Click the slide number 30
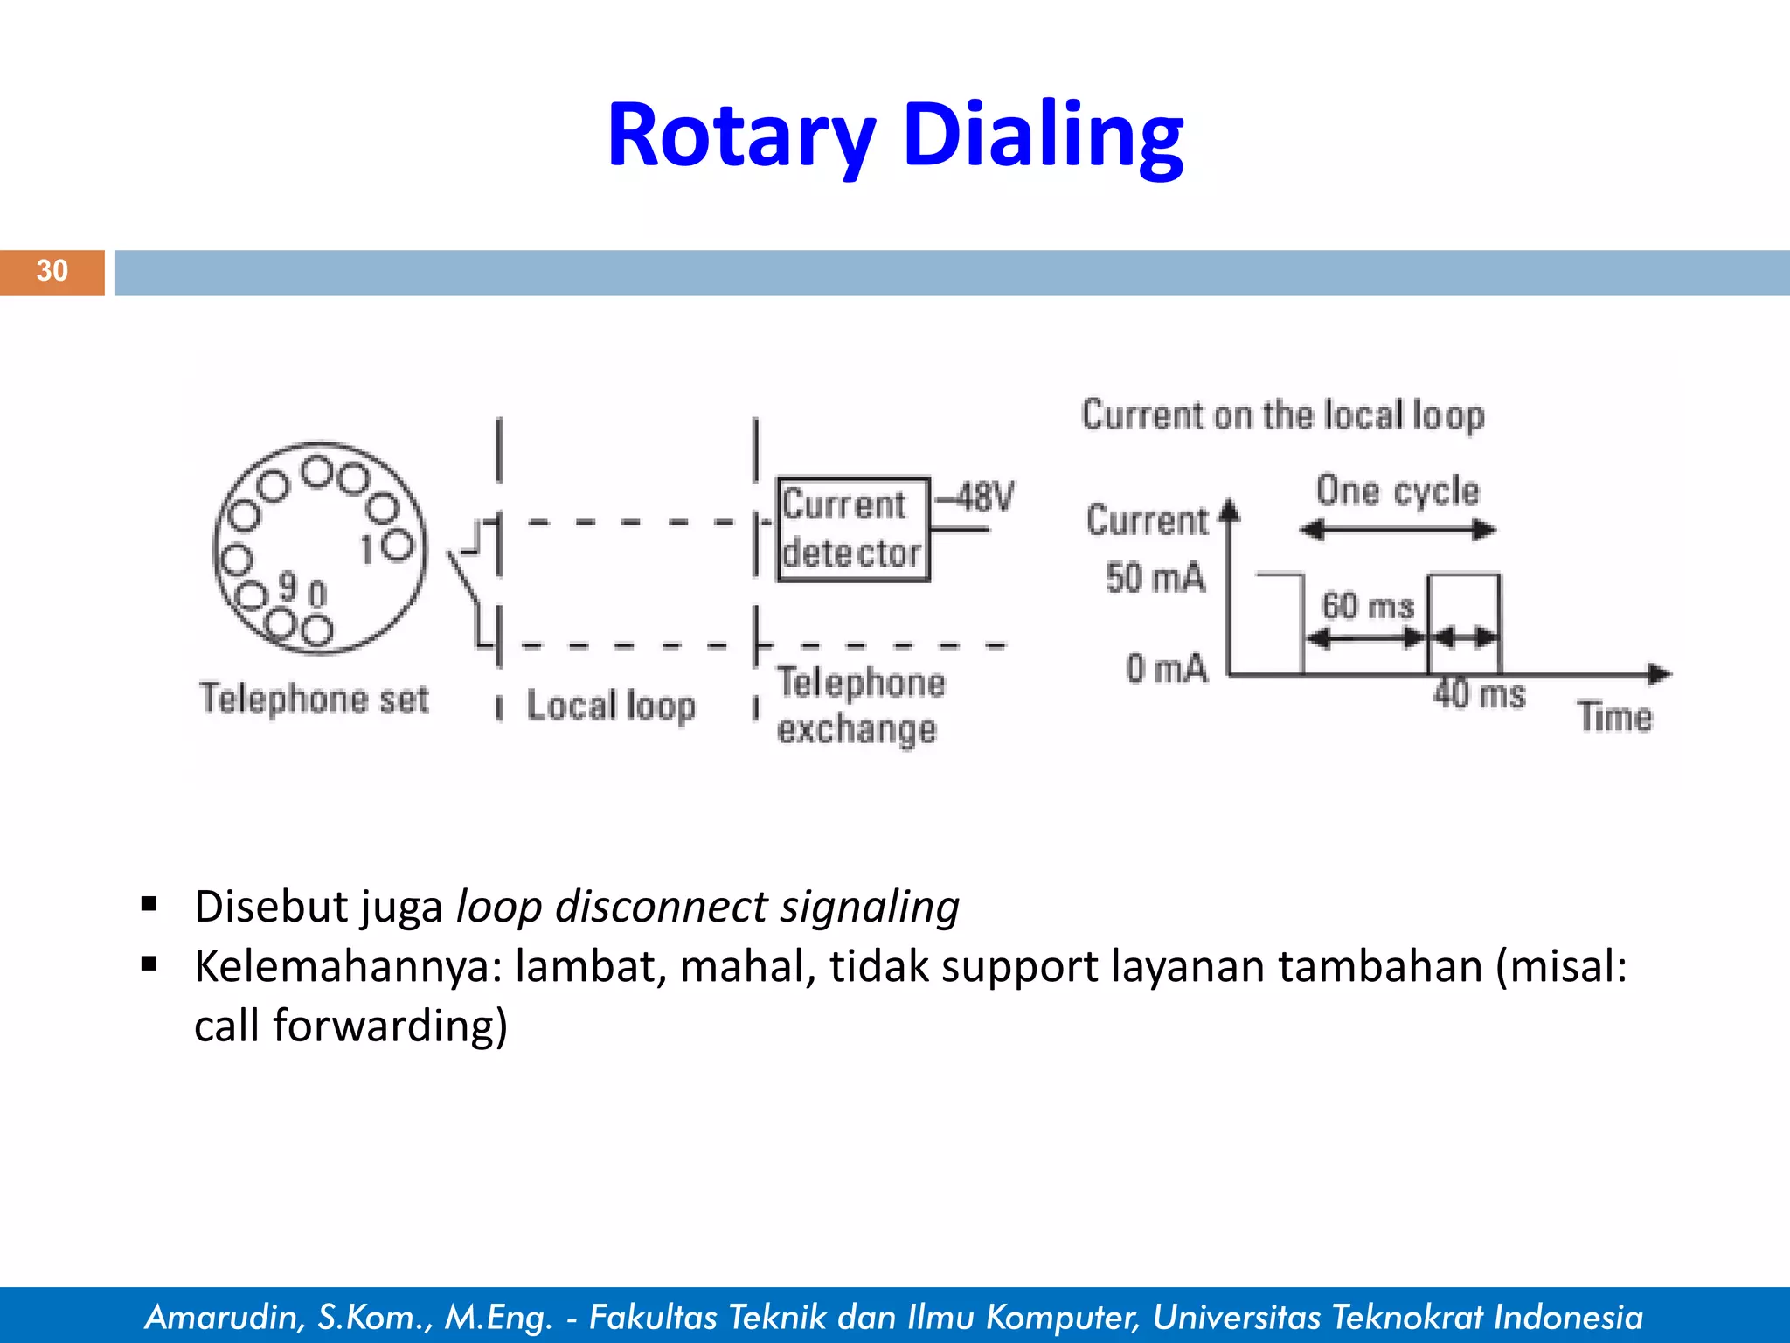pos(52,271)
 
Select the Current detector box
pos(852,529)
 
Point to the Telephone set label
pos(315,699)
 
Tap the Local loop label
pos(610,706)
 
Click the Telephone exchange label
pos(860,706)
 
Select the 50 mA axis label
pos(1155,578)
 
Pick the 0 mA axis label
pos(1166,669)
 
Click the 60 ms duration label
pos(1367,605)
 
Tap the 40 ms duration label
pos(1479,694)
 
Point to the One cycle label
pos(1398,491)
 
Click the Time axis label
pos(1614,717)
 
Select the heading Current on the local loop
pos(1282,415)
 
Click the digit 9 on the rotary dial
pos(288,587)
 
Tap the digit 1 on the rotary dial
pos(368,550)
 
